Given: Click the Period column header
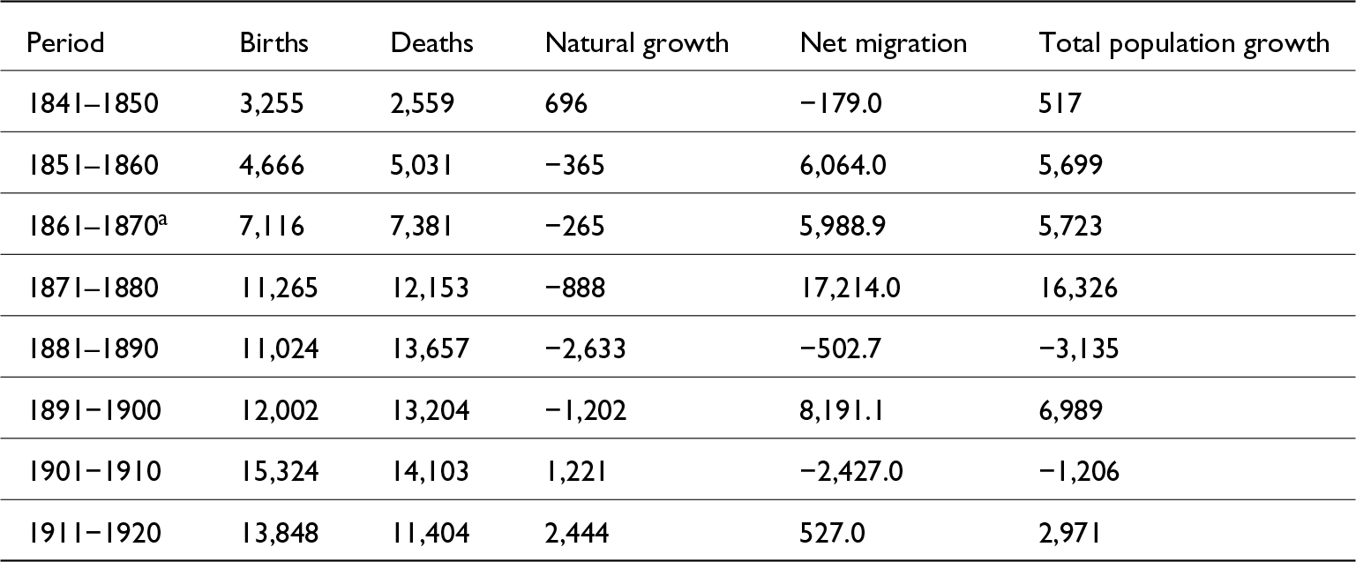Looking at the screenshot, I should (x=65, y=43).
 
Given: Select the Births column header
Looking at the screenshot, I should (x=273, y=43).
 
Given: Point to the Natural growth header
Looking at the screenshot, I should (x=637, y=43).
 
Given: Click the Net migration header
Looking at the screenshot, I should (x=883, y=43).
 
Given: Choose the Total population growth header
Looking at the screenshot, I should (x=1185, y=43).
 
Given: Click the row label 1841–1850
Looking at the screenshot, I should (x=93, y=105).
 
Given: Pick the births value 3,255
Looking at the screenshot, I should (x=272, y=105).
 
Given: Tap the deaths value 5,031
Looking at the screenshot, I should (x=423, y=166).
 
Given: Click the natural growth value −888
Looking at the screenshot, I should (x=575, y=288).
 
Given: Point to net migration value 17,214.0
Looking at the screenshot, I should (x=850, y=288).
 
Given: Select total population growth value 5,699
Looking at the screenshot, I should (x=1071, y=166).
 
